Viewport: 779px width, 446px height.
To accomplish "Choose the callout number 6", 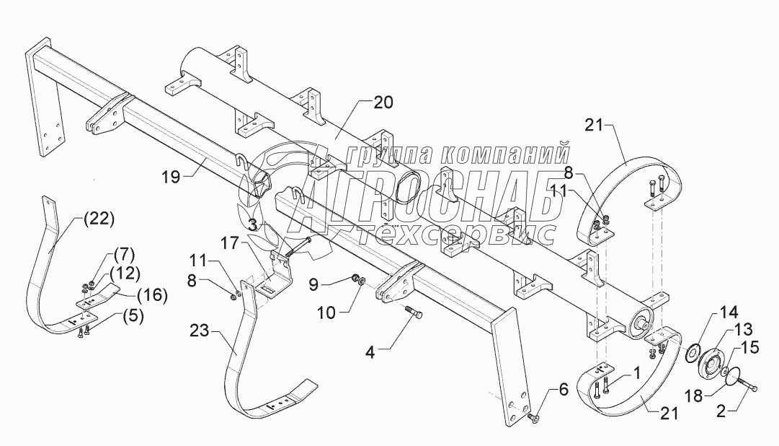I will pos(563,390).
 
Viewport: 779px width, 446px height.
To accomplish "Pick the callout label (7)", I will pos(123,254).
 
